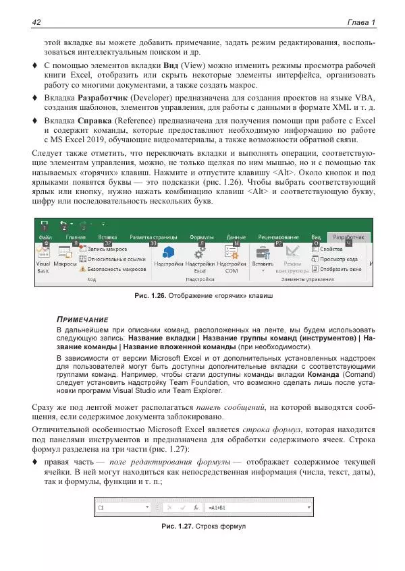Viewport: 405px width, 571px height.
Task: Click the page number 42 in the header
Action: click(x=37, y=23)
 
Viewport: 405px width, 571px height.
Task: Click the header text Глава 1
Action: click(x=360, y=23)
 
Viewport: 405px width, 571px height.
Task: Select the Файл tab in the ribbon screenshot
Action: click(x=46, y=237)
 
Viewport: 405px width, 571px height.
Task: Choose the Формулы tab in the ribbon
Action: click(x=202, y=237)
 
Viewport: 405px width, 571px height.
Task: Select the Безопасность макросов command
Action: click(x=112, y=268)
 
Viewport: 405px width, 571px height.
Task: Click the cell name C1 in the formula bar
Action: click(x=101, y=506)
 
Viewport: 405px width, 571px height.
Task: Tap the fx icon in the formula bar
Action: click(x=196, y=506)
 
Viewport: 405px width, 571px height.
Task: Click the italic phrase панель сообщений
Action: click(x=229, y=407)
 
